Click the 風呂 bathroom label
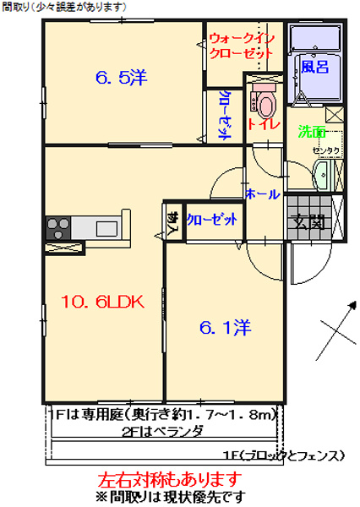[x=314, y=67]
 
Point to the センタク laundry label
[x=325, y=150]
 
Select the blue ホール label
[x=262, y=194]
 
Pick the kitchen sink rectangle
[x=108, y=228]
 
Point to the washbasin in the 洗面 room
[x=322, y=177]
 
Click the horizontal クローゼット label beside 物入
[x=211, y=219]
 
